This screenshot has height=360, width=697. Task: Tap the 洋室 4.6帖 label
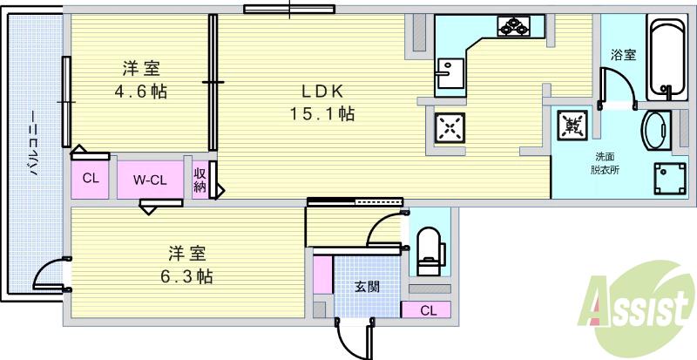[x=139, y=78]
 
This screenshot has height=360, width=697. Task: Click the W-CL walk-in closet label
[x=150, y=180]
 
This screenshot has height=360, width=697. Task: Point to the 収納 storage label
[x=200, y=180]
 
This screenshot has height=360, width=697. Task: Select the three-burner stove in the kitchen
[x=514, y=26]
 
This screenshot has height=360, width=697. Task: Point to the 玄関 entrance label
[x=366, y=287]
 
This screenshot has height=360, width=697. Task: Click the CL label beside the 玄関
[x=427, y=309]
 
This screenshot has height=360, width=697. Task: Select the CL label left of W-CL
[x=91, y=180]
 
